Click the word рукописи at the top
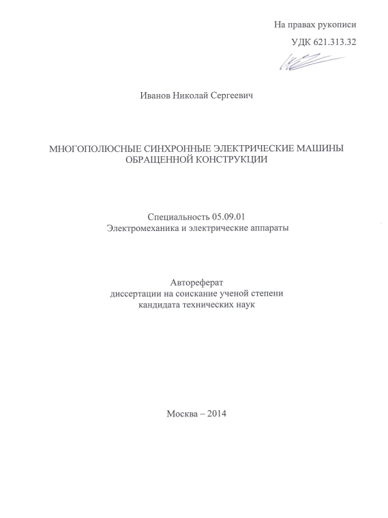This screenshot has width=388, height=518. (336, 25)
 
